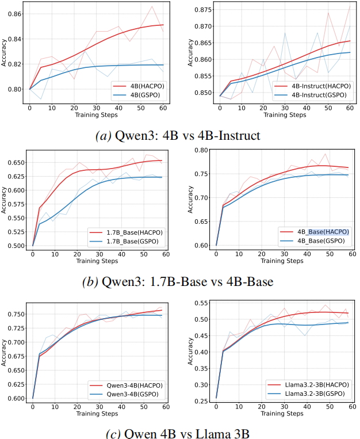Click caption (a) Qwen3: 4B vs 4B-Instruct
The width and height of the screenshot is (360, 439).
[x=179, y=136]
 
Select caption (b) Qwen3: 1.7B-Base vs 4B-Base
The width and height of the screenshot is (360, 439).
[x=179, y=282]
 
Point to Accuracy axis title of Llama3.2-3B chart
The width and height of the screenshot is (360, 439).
[x=189, y=351]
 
